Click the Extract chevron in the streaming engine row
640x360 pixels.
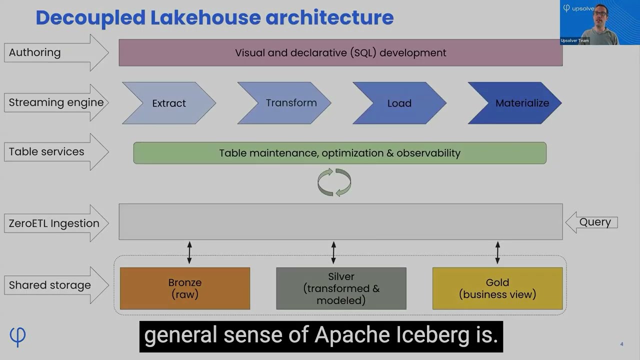[x=169, y=103]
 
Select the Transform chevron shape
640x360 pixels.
[x=284, y=103]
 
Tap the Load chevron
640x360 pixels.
[x=399, y=103]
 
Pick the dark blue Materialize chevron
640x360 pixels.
[x=515, y=103]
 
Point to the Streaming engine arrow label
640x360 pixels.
[x=56, y=102]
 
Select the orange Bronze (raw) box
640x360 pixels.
[x=185, y=288]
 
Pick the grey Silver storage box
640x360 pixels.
[x=341, y=288]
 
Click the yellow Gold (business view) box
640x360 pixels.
[x=497, y=288]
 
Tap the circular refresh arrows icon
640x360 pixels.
[x=334, y=182]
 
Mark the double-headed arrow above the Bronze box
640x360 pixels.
[x=189, y=252]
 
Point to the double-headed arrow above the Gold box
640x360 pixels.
[x=497, y=252]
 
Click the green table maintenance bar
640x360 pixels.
[x=340, y=153]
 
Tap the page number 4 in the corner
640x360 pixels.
[x=621, y=344]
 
